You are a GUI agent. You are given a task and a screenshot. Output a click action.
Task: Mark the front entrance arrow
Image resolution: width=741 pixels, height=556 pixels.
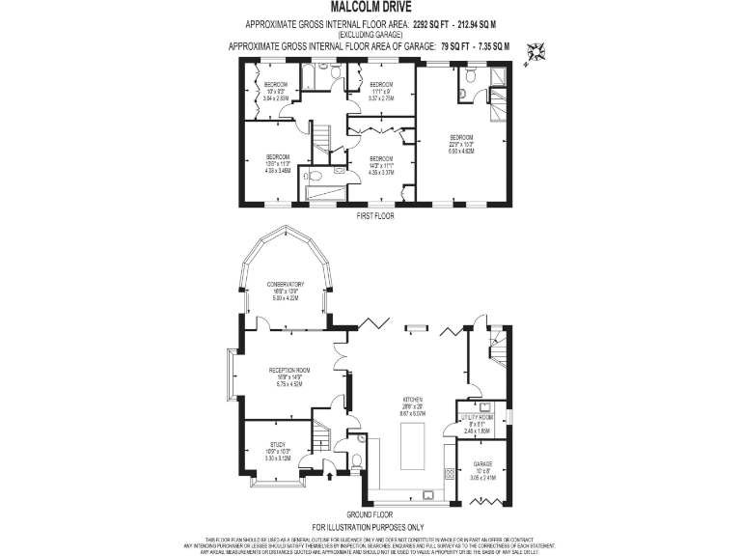point(331,474)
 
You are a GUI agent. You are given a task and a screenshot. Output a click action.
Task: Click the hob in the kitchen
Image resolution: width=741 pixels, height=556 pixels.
point(450,474)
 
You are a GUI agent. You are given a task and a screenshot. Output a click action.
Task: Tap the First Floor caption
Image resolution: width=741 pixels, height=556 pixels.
point(373,216)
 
